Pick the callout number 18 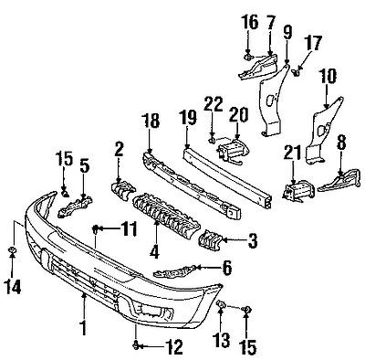(x=149, y=119)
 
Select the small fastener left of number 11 (x=96, y=227)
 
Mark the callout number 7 (x=270, y=20)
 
